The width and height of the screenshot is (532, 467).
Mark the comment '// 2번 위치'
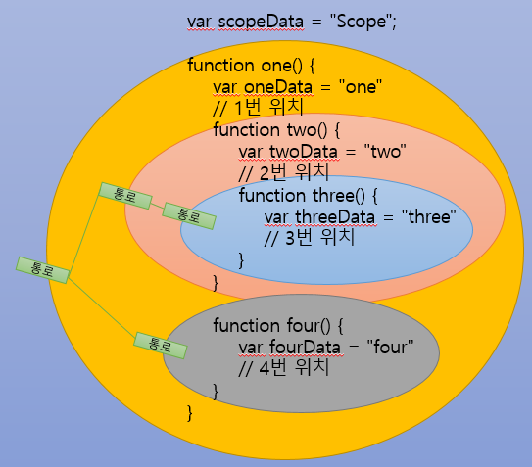[281, 173]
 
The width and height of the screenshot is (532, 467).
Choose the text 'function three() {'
[307, 195]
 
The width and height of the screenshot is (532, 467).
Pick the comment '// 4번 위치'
[282, 369]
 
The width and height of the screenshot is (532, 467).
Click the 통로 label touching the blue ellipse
[181, 212]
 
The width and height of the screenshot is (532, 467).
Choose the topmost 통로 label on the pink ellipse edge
[125, 196]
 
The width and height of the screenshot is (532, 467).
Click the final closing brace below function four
[191, 413]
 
